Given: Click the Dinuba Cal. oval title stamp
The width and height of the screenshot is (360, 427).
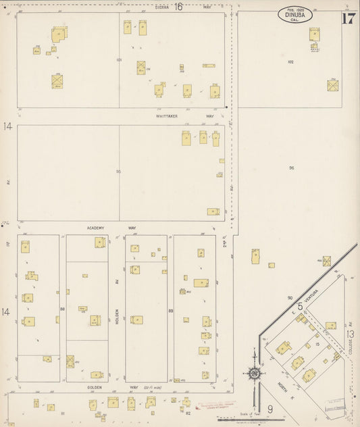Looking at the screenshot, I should tap(294, 15).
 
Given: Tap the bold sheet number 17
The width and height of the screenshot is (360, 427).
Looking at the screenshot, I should tap(349, 18).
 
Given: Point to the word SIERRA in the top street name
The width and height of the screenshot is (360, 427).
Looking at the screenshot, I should tap(162, 7).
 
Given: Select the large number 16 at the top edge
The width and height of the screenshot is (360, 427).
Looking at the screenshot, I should tap(179, 7).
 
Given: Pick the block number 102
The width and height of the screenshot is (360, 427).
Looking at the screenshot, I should tap(290, 61).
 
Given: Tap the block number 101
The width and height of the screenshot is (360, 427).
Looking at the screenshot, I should tap(119, 60).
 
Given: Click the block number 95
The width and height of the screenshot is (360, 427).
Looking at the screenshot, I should tap(119, 172).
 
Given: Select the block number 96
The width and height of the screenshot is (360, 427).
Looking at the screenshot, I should tap(292, 168).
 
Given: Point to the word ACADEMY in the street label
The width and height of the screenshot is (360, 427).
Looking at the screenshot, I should tap(96, 228).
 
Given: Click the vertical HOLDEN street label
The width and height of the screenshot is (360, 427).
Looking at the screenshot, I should tap(117, 313).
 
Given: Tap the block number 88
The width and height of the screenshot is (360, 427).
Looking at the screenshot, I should tap(62, 309).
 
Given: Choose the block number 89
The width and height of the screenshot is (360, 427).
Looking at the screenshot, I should tap(171, 310).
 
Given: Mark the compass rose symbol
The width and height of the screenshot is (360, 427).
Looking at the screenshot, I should tap(255, 373).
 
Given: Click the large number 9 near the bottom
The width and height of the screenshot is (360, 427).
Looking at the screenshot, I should tap(269, 409).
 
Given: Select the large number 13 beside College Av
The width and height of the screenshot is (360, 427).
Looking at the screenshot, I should tap(350, 334).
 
